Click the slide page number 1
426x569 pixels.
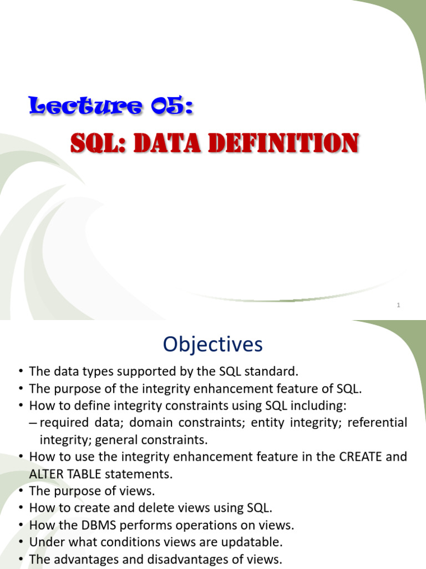point(399,305)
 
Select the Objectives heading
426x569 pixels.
point(212,345)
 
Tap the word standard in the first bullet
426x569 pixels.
point(275,372)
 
